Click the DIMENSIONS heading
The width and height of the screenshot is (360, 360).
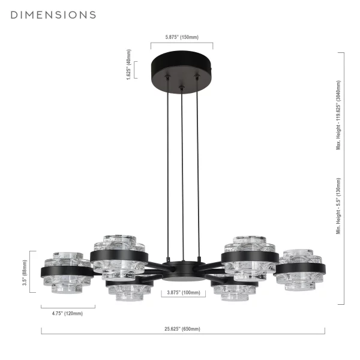(x=53, y=15)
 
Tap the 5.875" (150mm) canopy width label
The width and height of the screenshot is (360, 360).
(x=182, y=37)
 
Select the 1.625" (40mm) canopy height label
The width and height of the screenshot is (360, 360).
(x=129, y=65)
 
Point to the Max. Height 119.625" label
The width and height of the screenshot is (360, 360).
(x=338, y=115)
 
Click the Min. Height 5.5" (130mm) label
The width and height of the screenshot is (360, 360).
(x=338, y=206)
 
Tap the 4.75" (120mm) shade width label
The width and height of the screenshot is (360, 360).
(x=67, y=313)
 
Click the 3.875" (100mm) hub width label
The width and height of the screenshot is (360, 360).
(x=184, y=293)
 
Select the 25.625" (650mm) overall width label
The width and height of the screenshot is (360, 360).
(x=182, y=329)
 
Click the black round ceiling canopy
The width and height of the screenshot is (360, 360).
(x=182, y=72)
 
